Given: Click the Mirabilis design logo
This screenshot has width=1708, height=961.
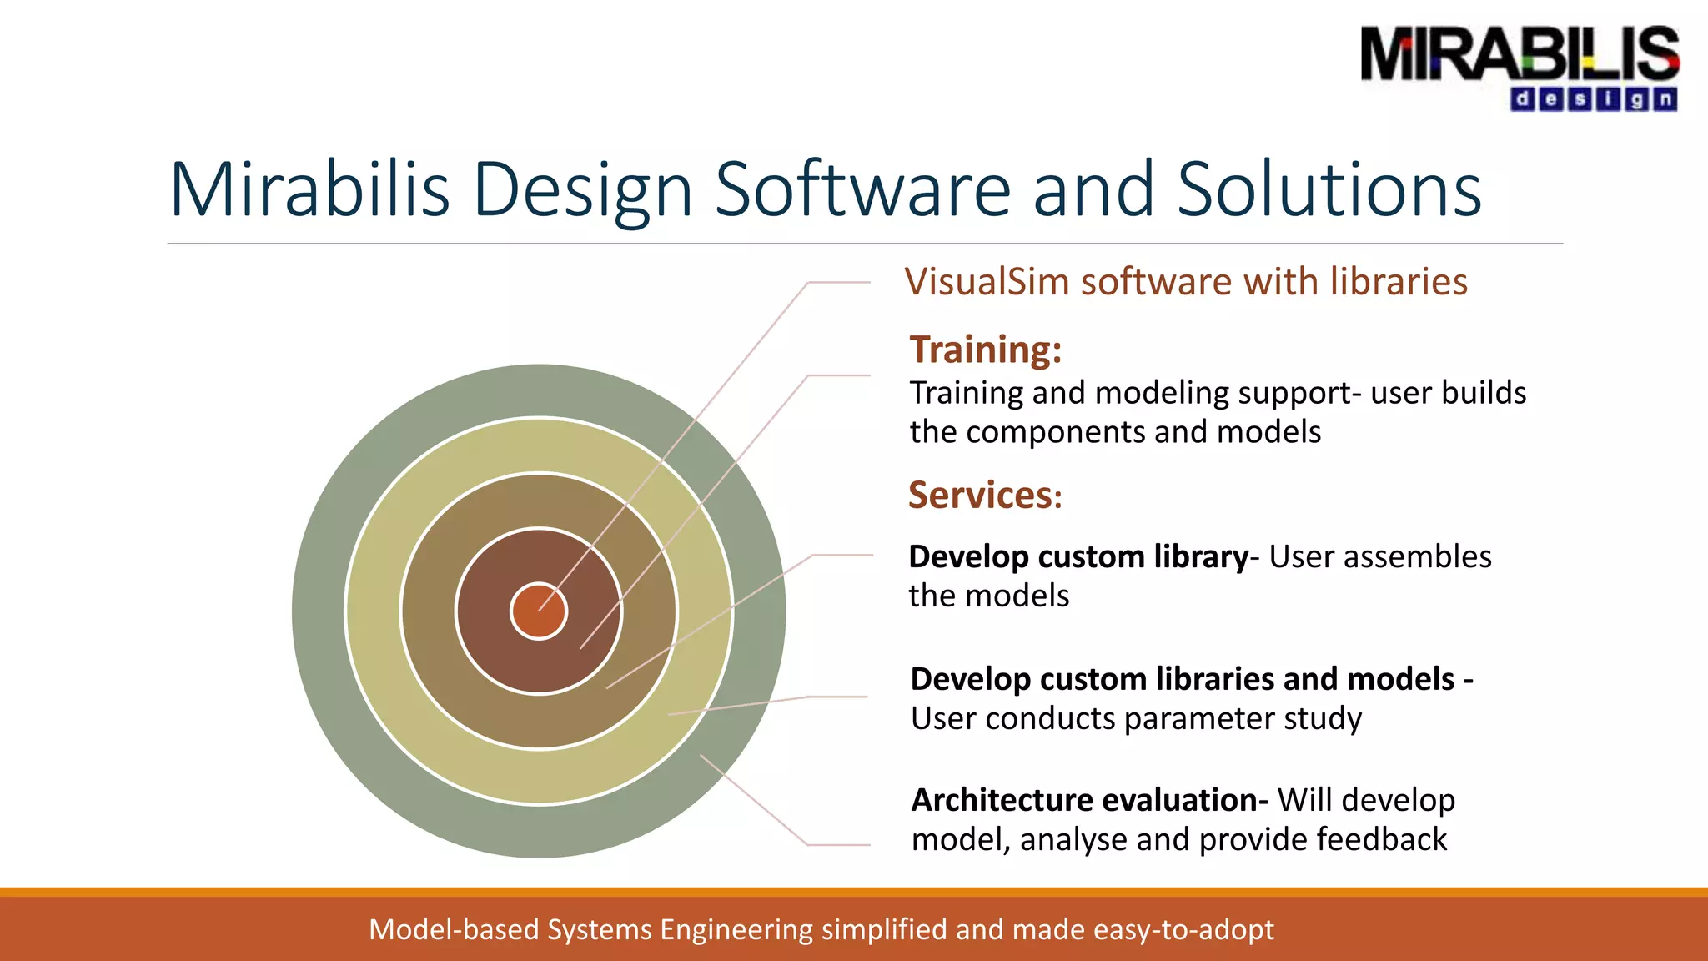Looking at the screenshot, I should [1519, 67].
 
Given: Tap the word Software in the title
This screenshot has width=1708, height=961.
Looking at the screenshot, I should [862, 190].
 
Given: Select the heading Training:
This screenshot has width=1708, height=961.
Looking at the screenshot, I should [985, 350].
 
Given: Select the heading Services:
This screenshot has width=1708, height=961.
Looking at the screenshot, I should [984, 496].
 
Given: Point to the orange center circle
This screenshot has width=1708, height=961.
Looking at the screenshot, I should [539, 611].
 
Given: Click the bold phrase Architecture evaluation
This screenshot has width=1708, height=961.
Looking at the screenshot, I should [1088, 800].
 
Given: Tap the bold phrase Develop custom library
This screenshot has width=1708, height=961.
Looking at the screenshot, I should [1078, 556].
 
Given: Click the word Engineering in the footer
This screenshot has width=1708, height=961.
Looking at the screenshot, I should [736, 929].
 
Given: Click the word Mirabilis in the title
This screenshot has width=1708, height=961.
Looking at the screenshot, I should [309, 190].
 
